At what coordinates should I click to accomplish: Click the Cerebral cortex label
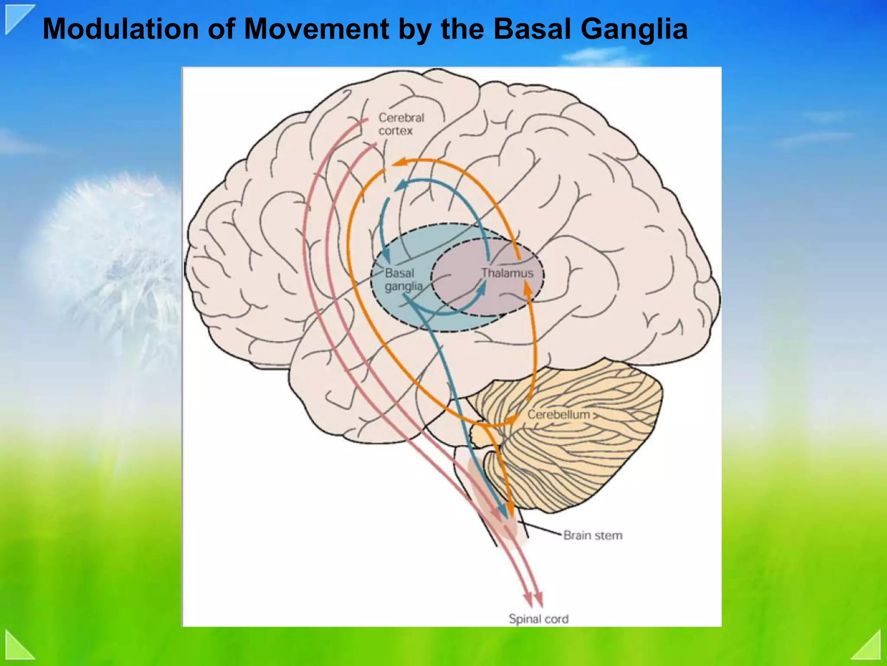click(401, 124)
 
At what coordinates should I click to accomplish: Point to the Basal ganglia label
click(403, 280)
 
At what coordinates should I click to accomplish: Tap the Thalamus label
click(507, 273)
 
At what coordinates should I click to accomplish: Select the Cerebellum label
click(558, 415)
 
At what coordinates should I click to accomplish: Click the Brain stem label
click(592, 535)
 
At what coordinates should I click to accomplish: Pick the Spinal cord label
click(538, 619)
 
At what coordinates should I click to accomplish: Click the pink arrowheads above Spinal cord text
click(534, 601)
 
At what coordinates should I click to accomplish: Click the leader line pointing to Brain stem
click(541, 530)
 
